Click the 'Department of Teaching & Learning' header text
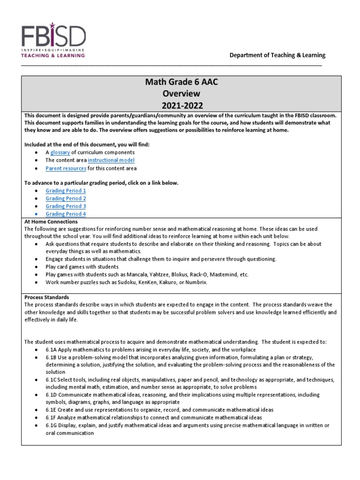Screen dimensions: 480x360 [277, 55]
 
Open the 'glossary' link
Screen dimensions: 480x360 [60, 152]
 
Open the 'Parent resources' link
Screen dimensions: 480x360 [66, 168]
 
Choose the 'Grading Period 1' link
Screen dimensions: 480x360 [66, 191]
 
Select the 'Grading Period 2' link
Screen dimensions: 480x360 [66, 198]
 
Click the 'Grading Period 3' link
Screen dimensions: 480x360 [66, 206]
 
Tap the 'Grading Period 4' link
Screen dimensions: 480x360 [66, 214]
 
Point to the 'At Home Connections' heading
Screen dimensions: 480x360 [51, 221]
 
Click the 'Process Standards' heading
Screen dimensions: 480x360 [46, 297]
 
